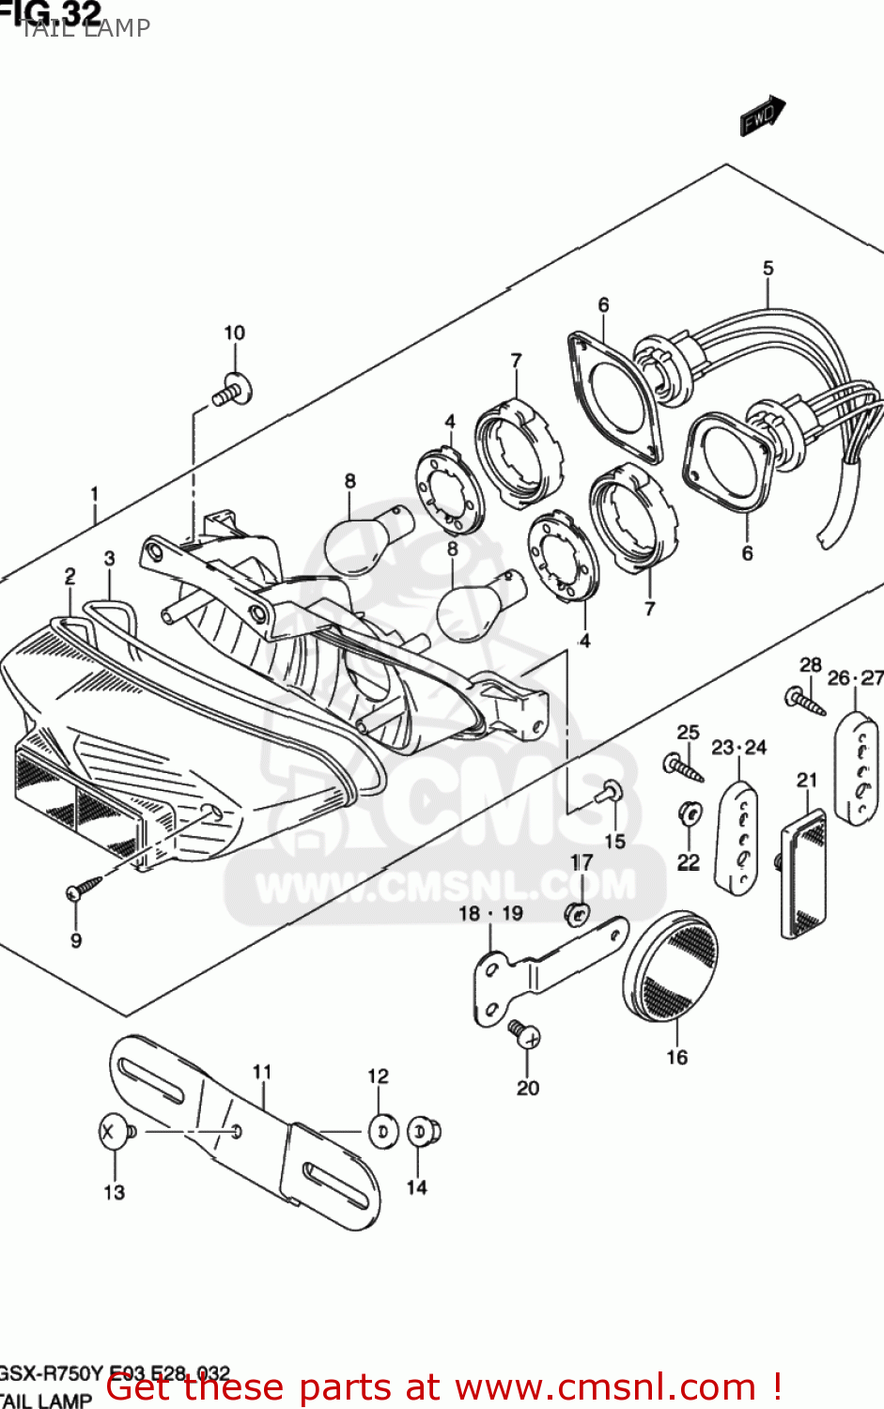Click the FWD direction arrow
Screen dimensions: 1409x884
(x=762, y=116)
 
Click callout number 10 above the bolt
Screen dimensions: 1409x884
(x=234, y=333)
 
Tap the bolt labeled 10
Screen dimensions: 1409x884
(x=231, y=391)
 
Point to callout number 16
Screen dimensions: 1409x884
(x=676, y=1058)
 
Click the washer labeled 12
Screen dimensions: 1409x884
(x=381, y=1132)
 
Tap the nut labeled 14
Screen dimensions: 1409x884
(x=424, y=1132)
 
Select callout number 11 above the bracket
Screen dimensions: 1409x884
(x=262, y=1072)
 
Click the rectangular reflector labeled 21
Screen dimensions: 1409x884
(x=803, y=874)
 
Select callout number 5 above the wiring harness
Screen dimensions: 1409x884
(x=768, y=269)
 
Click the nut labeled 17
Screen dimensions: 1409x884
(x=579, y=911)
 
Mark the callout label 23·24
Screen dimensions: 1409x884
(x=738, y=748)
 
